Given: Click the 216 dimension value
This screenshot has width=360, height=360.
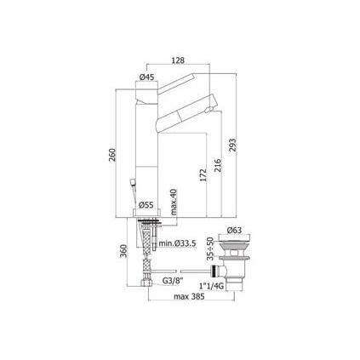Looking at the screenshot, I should [x=219, y=166].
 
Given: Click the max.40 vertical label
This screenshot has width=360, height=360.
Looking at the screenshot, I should [x=173, y=203].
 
